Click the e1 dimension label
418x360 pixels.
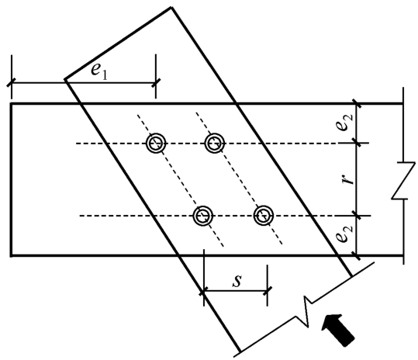point(99,71)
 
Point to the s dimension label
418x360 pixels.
point(237,281)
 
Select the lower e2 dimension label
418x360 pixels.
point(344,234)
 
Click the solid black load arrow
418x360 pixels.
point(337,330)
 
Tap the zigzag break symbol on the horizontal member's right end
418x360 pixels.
point(403,180)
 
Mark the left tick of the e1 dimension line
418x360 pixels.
point(12,83)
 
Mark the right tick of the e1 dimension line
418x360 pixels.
point(156,83)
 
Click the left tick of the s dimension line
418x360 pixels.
point(204,291)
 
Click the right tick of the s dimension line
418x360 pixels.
point(268,291)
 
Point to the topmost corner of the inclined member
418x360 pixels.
point(171,8)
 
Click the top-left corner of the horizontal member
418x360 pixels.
point(11,103)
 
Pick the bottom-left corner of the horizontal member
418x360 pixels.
point(11,256)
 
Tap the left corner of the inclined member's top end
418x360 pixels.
point(65,79)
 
